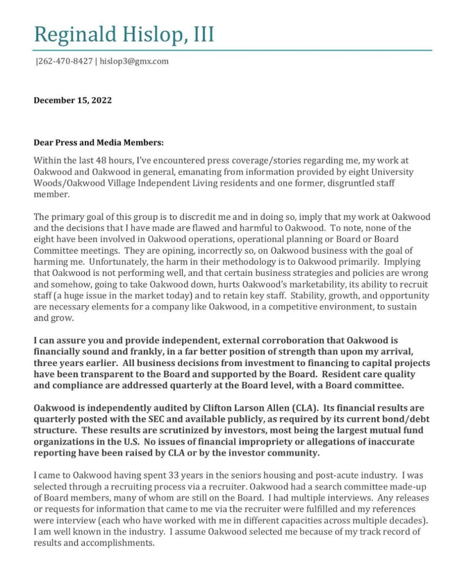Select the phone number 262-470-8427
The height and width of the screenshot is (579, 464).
tap(65, 62)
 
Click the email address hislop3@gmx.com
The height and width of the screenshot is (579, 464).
tap(134, 62)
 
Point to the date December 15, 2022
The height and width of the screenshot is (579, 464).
tap(72, 101)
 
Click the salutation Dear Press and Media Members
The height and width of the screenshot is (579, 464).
tap(98, 143)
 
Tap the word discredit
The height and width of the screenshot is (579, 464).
tap(194, 217)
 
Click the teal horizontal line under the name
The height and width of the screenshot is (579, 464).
tap(232, 50)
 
